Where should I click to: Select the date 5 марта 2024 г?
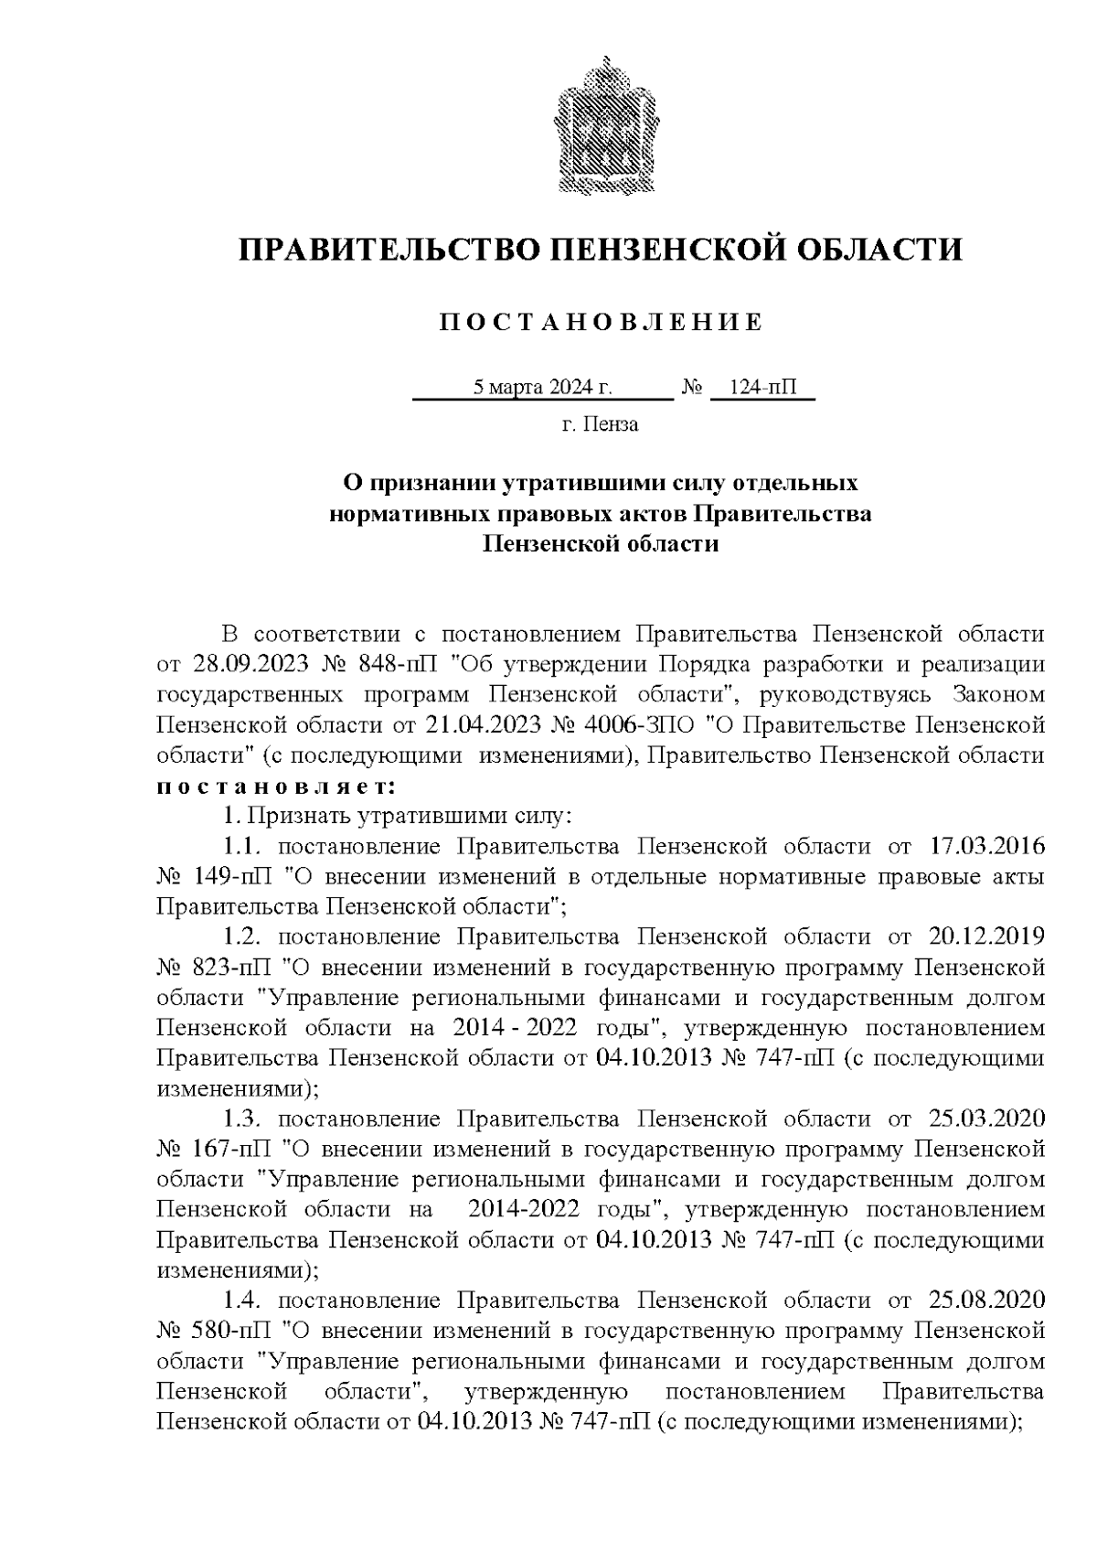click(542, 388)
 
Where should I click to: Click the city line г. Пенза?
click(600, 424)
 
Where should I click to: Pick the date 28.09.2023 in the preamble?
click(246, 665)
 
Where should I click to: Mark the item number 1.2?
click(244, 937)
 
